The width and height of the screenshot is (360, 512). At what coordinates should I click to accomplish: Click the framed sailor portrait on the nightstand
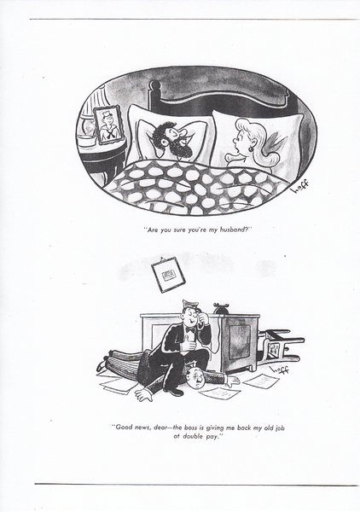click(108, 125)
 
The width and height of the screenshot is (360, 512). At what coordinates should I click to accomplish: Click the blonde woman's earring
click(251, 148)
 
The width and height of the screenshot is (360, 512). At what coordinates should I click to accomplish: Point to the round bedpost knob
click(155, 86)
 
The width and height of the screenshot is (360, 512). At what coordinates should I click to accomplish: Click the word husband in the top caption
click(233, 230)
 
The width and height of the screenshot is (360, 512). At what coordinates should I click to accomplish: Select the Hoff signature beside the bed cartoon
click(301, 187)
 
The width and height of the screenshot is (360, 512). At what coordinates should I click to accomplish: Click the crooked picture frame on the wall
click(168, 275)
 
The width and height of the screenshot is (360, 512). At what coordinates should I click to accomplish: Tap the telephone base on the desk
click(222, 308)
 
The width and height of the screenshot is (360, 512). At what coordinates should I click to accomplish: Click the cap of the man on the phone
click(190, 305)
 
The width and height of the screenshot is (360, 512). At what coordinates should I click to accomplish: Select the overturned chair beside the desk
click(280, 347)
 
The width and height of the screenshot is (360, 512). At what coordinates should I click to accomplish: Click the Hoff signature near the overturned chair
click(280, 369)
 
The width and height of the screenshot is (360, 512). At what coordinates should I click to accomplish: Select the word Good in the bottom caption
click(125, 428)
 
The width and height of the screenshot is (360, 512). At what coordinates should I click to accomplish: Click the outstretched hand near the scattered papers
click(144, 394)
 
